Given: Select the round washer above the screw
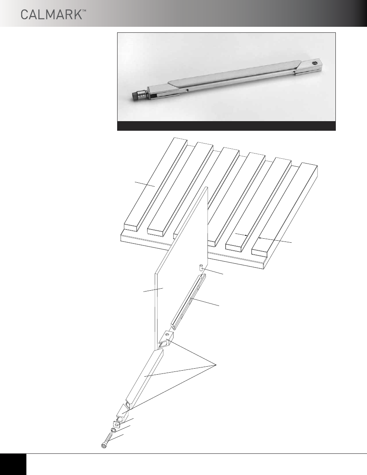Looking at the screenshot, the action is tap(113, 431).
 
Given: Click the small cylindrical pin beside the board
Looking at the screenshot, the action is tap(201, 268).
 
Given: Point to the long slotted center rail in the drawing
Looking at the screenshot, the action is tap(188, 301).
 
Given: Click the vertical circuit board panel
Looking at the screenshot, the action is tap(181, 268).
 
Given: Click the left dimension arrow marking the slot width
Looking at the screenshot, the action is tap(241, 234).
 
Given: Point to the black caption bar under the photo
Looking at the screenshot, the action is tap(227, 126).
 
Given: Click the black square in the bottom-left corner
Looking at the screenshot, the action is tap(13, 464).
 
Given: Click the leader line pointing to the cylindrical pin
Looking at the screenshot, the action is tap(213, 271).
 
